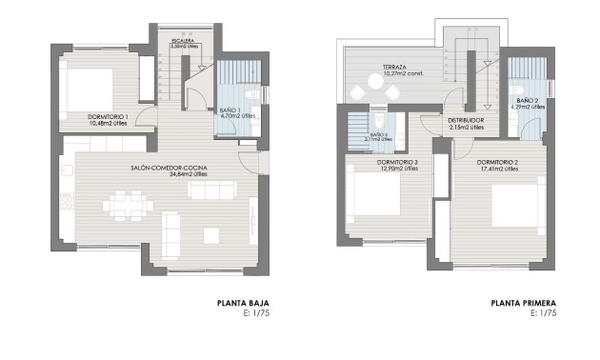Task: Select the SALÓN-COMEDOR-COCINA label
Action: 170,169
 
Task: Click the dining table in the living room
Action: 126,203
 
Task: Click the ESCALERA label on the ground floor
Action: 184,41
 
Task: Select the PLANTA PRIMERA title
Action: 523,305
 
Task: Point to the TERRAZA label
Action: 396,68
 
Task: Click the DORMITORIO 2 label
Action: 497,162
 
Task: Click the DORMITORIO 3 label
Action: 397,162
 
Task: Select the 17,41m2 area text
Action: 496,169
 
